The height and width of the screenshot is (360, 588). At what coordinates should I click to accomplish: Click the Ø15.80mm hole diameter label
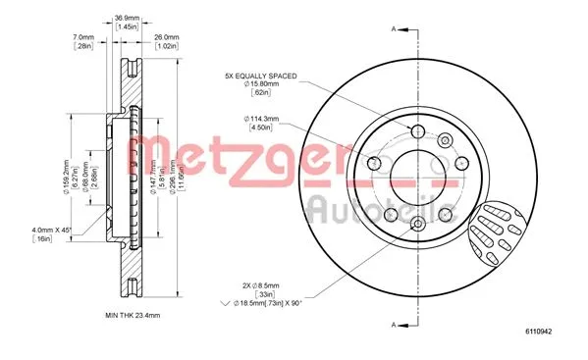tap(264, 86)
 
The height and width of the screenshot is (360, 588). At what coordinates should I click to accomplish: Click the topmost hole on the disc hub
tap(415, 133)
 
